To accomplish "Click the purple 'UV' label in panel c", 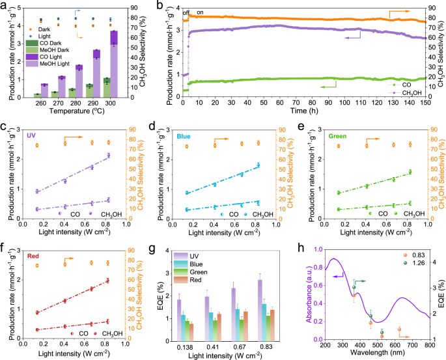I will point(31,136).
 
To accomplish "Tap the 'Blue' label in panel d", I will point(183,136).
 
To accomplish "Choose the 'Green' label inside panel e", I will point(335,136).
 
